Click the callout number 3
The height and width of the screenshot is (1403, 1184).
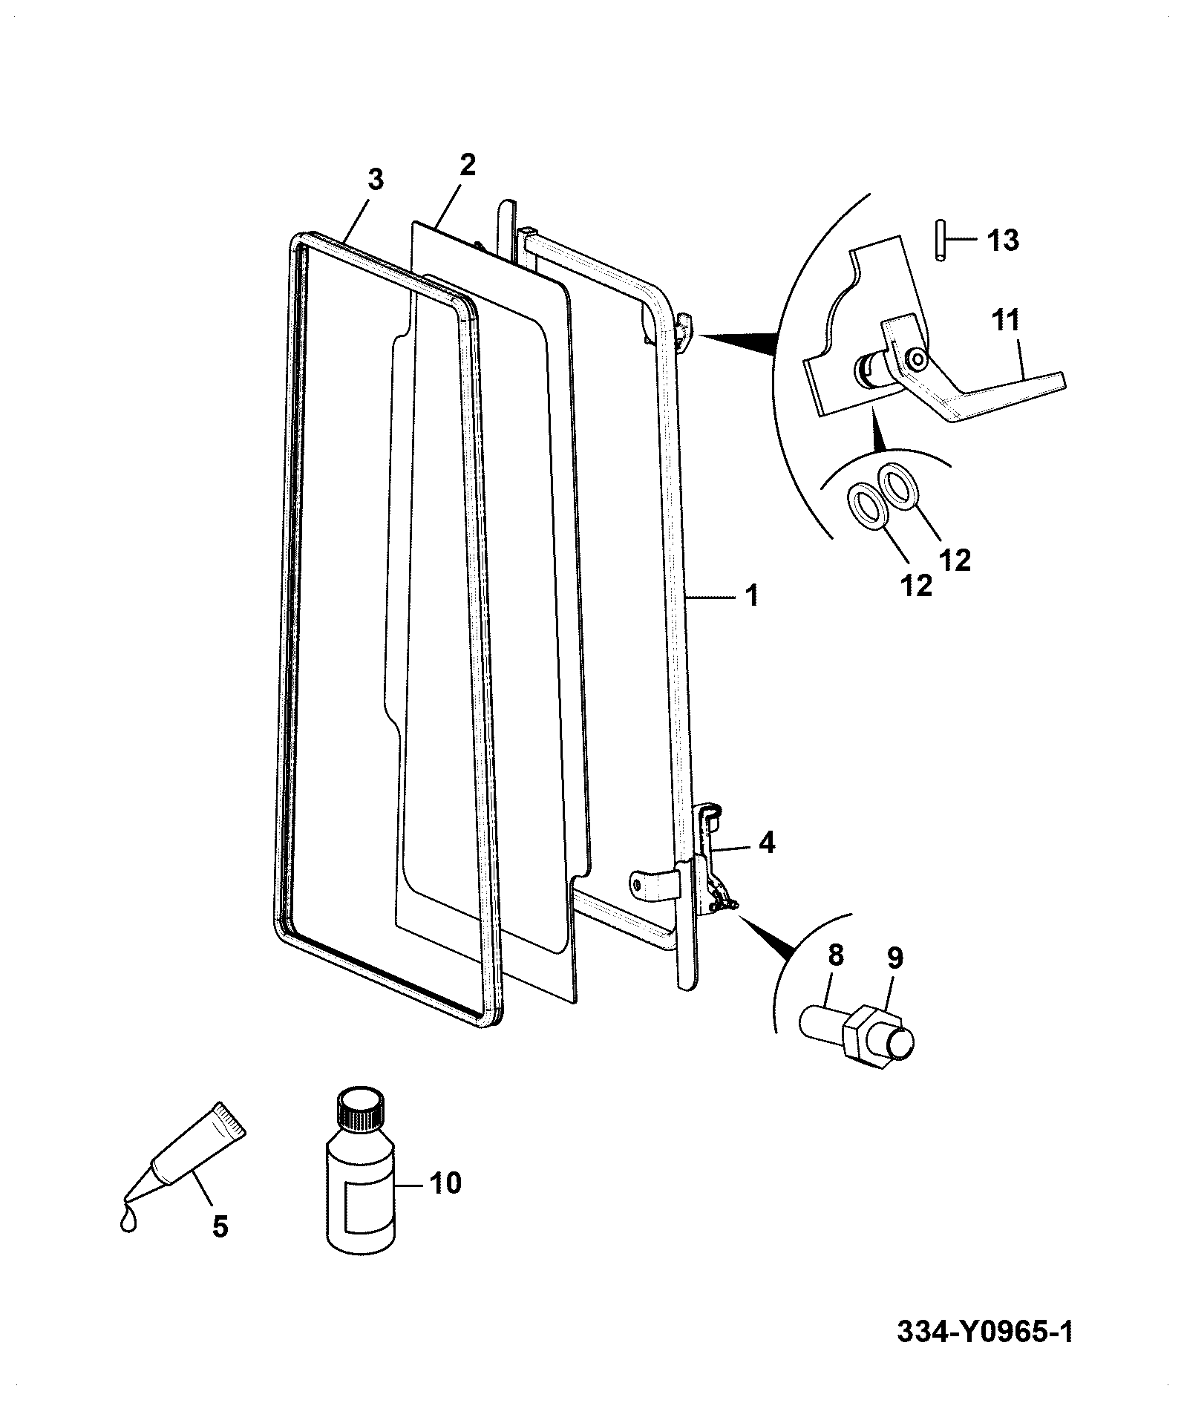(x=376, y=179)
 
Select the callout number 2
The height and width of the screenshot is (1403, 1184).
(x=467, y=165)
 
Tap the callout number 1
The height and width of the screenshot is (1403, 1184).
(x=752, y=596)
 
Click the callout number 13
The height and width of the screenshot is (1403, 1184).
(x=1003, y=241)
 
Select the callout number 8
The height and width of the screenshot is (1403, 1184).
(x=836, y=956)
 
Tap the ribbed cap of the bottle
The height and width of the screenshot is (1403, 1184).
(x=361, y=1107)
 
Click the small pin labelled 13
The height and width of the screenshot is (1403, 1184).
(x=940, y=239)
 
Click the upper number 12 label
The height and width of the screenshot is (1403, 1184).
(x=955, y=561)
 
